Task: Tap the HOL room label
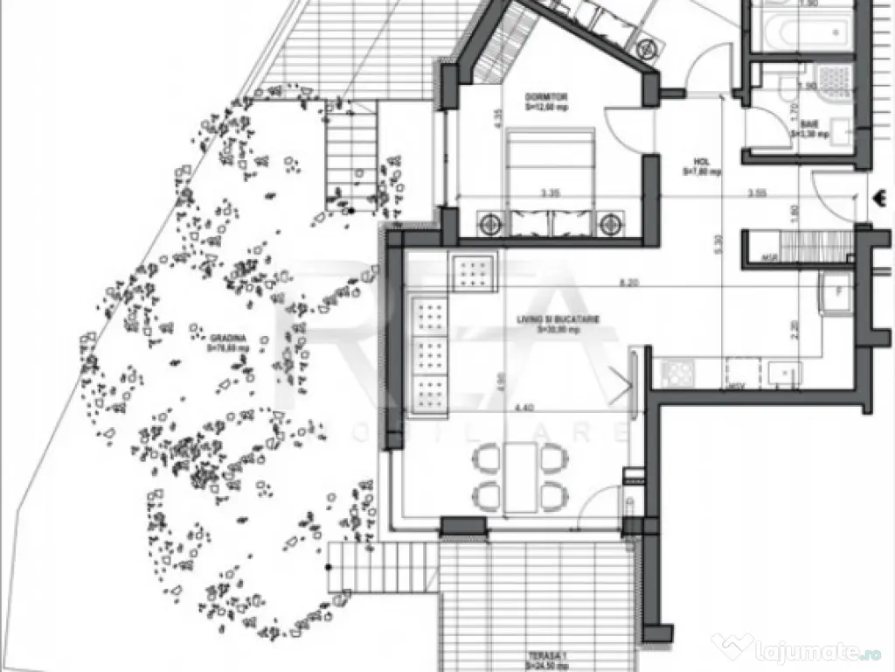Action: click(702, 162)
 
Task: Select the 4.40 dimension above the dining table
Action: click(524, 407)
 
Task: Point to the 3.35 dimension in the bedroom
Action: click(550, 192)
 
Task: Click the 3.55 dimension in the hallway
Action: click(757, 192)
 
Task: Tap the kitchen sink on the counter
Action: click(783, 372)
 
